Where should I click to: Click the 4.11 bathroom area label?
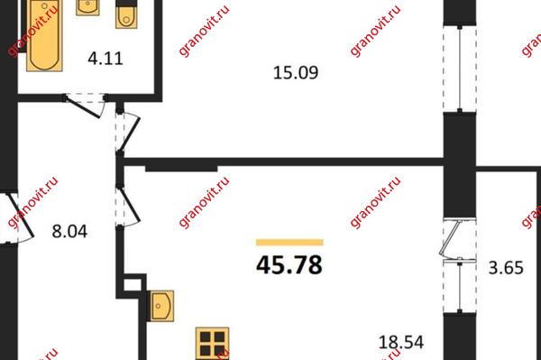tap(105, 59)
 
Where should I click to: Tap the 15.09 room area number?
tap(296, 73)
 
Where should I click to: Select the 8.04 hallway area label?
tap(69, 231)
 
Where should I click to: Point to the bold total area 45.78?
tap(289, 264)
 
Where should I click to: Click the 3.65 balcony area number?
tap(506, 267)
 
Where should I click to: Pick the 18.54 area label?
tap(401, 342)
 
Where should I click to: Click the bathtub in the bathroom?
tap(44, 35)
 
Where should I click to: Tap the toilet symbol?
tap(126, 14)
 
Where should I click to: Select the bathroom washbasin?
tap(87, 7)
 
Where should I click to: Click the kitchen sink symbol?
tap(160, 306)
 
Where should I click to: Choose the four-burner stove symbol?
tap(212, 344)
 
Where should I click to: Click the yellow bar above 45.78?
tap(289, 243)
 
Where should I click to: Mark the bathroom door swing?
tap(86, 106)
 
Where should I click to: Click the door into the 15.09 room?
tap(128, 131)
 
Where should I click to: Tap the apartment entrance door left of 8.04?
tap(16, 218)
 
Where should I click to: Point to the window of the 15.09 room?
tap(460, 69)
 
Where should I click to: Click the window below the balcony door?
tap(460, 287)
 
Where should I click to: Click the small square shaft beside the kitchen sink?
tap(132, 285)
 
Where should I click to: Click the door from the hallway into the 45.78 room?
tap(128, 208)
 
